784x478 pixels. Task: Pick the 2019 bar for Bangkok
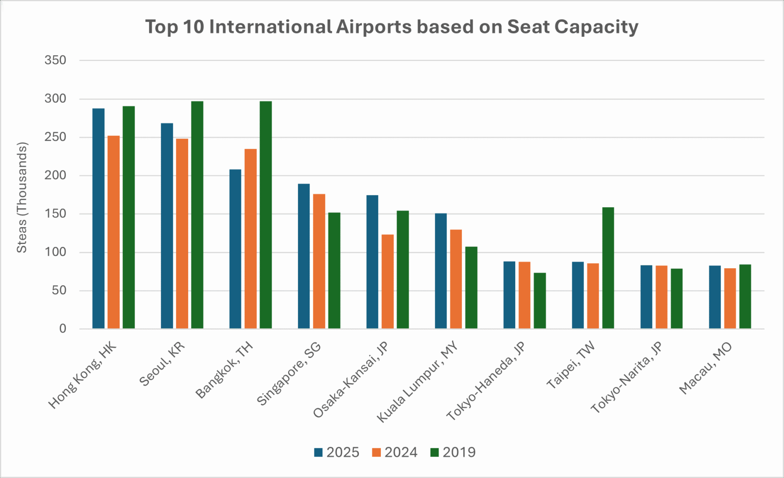coord(266,215)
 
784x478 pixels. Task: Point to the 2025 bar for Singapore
coord(304,256)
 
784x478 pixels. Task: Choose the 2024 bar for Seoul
coord(182,234)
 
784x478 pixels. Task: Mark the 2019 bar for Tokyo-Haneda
coord(540,300)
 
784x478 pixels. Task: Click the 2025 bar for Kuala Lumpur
coord(441,271)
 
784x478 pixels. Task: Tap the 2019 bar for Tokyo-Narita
coord(676,299)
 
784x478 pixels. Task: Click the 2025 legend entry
coord(337,452)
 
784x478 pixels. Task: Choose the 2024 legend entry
coord(395,452)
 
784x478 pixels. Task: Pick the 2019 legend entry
coord(453,452)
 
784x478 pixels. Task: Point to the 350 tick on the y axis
coord(55,60)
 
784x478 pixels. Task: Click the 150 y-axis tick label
coord(55,214)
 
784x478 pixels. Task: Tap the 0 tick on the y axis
coord(62,329)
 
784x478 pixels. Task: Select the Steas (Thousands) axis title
coord(22,197)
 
